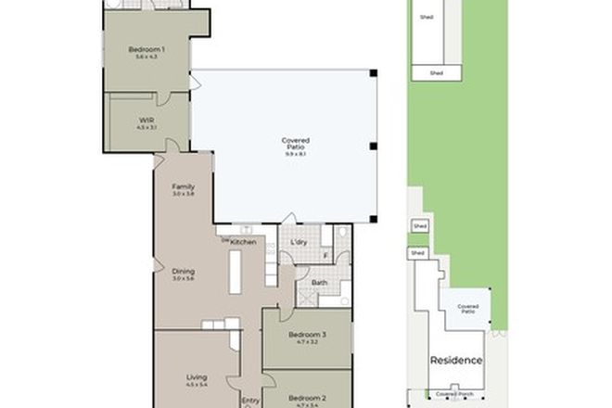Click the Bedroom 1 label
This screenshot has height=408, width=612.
(x=147, y=49)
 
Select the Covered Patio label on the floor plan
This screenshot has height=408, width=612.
(x=296, y=143)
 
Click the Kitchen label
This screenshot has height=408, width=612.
(x=244, y=242)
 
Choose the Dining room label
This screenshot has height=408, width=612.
(x=182, y=271)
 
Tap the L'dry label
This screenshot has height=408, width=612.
(x=299, y=243)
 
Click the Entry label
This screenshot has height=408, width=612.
(x=250, y=401)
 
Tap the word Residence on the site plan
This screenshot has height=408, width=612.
(x=455, y=360)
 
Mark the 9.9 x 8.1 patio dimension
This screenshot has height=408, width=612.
(x=296, y=153)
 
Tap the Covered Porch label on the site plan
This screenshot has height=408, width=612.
(x=454, y=393)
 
